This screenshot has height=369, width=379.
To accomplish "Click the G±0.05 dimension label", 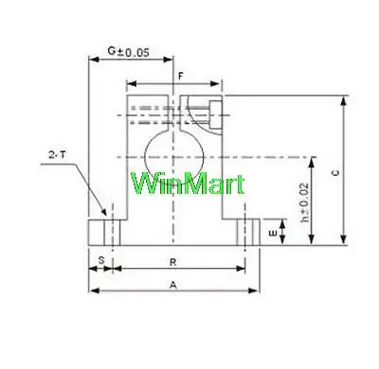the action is tap(128, 52).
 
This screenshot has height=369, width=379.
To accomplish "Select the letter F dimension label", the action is tap(181, 77).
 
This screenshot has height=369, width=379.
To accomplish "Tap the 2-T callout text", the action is tap(58, 155).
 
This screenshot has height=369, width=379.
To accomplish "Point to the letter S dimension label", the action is tap(101, 260).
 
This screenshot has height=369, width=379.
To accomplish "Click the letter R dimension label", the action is tap(172, 262).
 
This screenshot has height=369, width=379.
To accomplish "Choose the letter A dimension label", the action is tap(173, 285).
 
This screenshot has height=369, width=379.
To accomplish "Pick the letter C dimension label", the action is tap(336, 172).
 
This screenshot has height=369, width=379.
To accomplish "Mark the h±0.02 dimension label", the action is tap(304, 202).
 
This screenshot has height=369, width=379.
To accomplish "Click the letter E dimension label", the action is tap(273, 234).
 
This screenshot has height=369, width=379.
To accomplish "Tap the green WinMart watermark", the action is tap(188, 184).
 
